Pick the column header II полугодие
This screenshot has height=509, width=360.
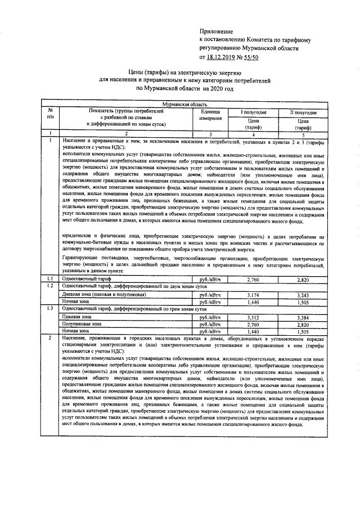(x=303, y=112)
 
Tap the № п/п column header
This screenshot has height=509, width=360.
(x=50, y=116)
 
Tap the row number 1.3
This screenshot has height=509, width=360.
(x=50, y=309)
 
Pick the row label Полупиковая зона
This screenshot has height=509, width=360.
(x=82, y=325)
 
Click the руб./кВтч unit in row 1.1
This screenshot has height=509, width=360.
(x=205, y=280)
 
